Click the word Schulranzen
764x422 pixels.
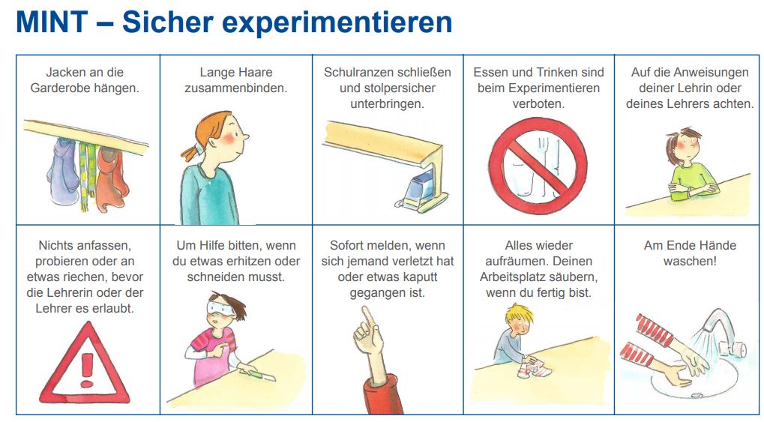click(x=357, y=72)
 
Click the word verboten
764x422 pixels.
click(x=538, y=103)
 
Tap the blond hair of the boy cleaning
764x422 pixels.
click(x=520, y=316)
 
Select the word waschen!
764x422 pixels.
click(x=690, y=261)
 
